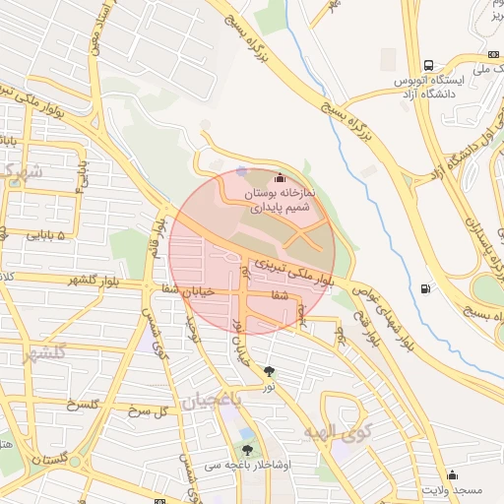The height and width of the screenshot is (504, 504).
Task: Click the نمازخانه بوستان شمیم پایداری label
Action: tap(279, 201)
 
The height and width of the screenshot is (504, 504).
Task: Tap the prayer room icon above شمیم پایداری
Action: tap(280, 178)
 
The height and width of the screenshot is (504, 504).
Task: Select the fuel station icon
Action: tap(425, 288)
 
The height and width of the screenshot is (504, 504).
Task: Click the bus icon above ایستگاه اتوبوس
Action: tap(427, 63)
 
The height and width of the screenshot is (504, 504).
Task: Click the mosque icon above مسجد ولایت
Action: tap(452, 474)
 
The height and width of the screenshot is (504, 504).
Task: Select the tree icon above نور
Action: tap(270, 370)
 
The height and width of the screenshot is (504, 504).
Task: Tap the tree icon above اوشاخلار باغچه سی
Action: tap(247, 449)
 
